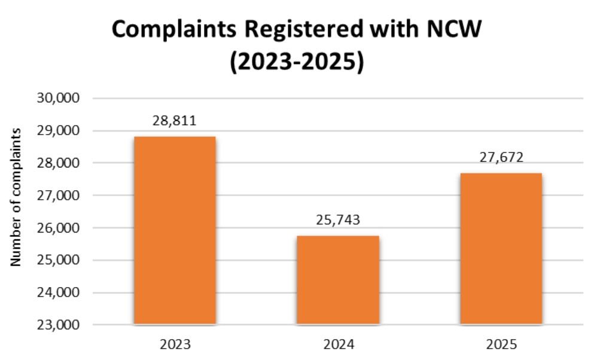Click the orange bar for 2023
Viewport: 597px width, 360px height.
(x=174, y=230)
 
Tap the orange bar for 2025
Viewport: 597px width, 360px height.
(x=501, y=249)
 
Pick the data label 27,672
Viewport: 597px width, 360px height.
(x=501, y=158)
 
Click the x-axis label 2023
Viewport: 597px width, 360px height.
(x=174, y=344)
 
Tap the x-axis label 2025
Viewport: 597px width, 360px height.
(x=501, y=344)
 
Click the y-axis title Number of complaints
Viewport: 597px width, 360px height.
(x=17, y=197)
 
